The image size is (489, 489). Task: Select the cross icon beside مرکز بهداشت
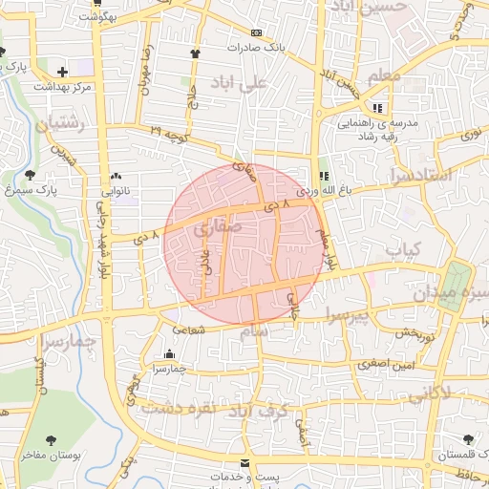[x=63, y=72]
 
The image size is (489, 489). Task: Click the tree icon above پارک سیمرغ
[x=31, y=175]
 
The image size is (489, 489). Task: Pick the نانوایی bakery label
[x=116, y=190]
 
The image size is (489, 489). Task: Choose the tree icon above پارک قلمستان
[x=468, y=439]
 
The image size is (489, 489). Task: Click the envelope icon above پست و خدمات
[x=244, y=462]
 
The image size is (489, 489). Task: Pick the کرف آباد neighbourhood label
[x=268, y=409]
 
